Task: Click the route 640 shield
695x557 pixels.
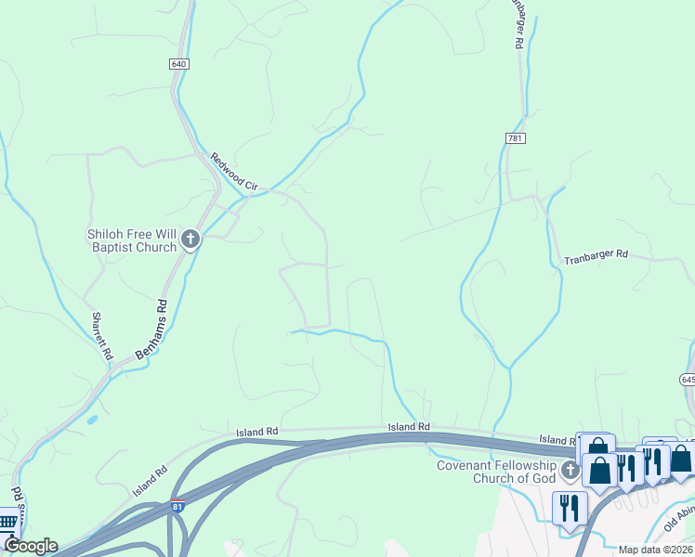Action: (179, 64)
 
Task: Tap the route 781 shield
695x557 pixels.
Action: (517, 138)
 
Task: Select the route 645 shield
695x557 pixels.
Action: (688, 380)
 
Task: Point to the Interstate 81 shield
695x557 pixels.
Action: (177, 506)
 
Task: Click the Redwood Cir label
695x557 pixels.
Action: (233, 172)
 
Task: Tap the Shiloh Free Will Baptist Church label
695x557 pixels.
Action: (132, 240)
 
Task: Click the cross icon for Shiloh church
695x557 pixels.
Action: (190, 240)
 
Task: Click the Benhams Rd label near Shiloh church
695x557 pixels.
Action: (151, 330)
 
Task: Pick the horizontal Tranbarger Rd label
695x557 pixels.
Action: (596, 257)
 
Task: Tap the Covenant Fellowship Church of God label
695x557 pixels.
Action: (496, 472)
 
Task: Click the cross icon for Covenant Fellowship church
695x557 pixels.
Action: (570, 472)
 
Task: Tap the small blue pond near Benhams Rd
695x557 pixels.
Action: (91, 420)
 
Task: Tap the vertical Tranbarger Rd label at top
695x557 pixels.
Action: (517, 24)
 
